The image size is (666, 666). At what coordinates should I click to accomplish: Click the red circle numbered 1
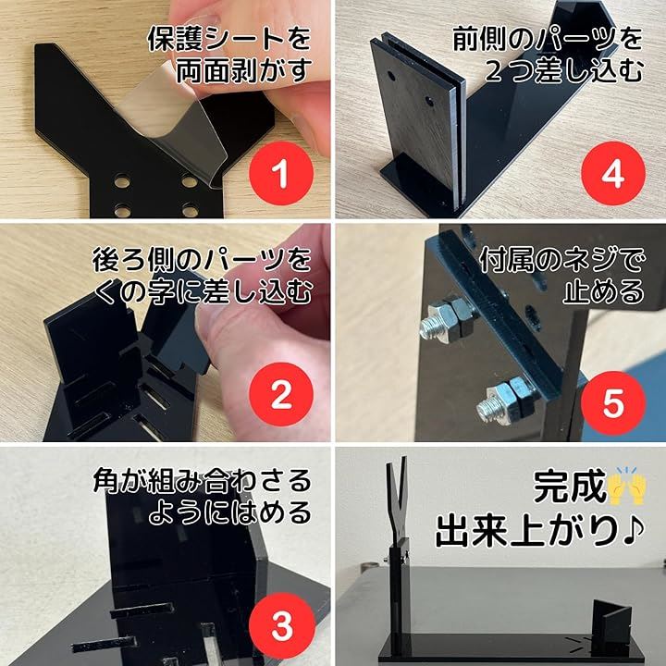[281, 174]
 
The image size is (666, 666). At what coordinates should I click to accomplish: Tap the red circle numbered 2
[281, 395]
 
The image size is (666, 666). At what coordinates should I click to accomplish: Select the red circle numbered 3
[282, 624]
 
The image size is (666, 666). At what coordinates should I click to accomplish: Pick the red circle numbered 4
[613, 174]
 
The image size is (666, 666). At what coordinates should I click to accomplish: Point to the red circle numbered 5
[613, 403]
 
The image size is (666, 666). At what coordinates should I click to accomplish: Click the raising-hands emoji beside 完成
[626, 487]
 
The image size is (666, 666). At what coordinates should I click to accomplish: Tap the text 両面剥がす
[244, 70]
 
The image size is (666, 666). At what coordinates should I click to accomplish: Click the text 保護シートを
[229, 38]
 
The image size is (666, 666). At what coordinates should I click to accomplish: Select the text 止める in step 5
[604, 291]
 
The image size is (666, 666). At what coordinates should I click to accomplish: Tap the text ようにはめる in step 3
[229, 513]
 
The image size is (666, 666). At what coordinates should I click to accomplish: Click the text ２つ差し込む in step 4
[564, 70]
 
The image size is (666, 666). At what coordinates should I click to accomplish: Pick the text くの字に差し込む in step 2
[203, 291]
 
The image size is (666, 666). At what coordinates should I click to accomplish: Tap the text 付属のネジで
[561, 260]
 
